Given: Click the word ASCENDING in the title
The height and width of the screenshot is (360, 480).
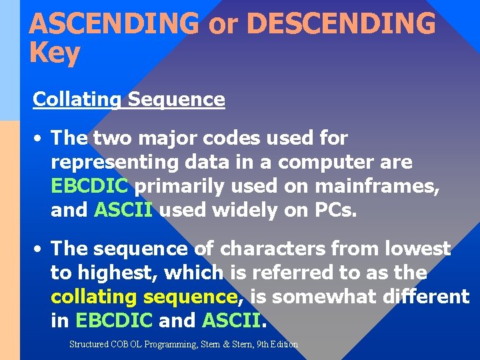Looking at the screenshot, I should click(114, 23).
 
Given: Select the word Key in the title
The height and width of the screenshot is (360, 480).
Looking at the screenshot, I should click(55, 53).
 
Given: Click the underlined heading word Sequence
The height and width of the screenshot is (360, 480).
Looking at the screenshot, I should click(176, 99).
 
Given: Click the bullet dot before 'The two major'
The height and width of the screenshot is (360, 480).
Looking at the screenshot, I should click(39, 139).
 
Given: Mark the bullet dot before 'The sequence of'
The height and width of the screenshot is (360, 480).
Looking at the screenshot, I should click(39, 249).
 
